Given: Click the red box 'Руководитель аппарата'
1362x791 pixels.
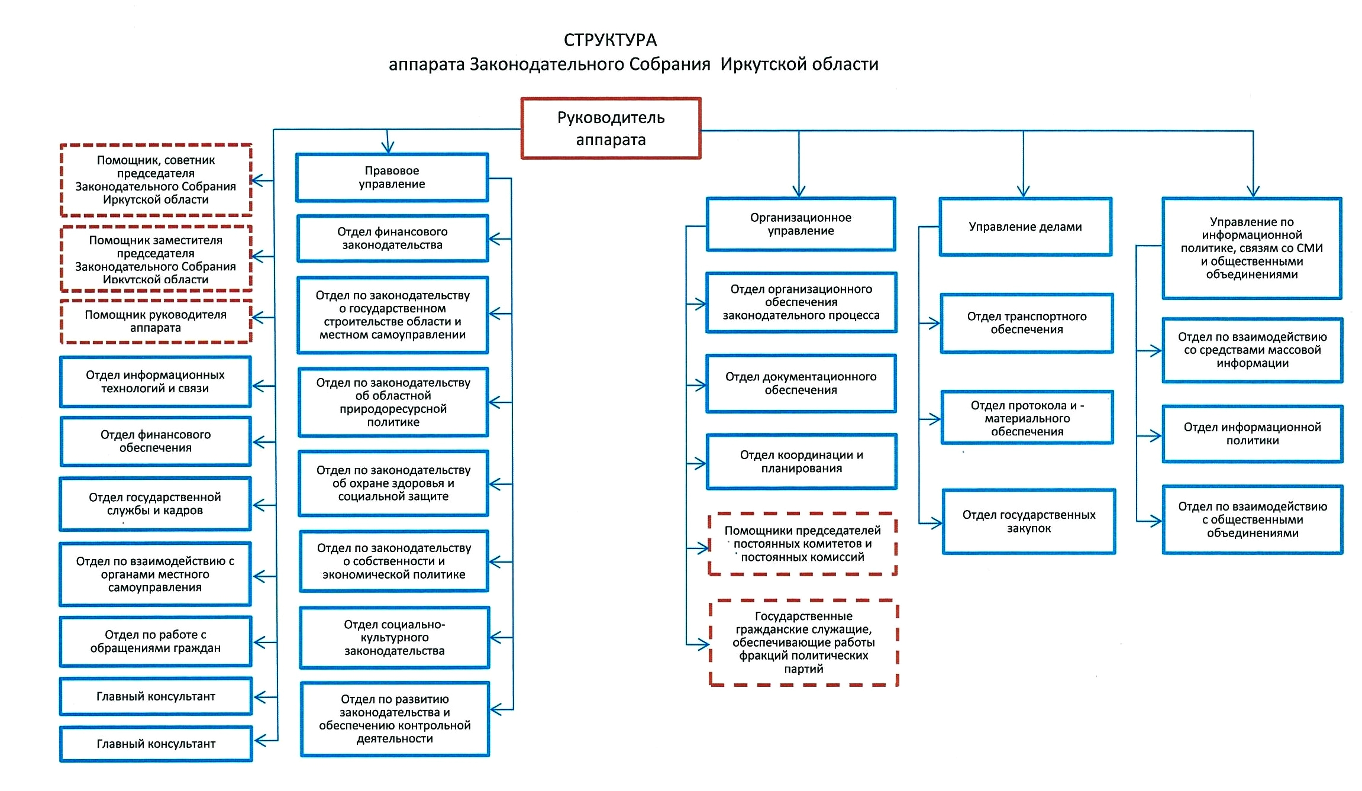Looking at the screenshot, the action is (x=611, y=128).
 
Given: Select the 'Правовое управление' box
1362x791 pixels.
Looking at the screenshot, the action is (x=392, y=177).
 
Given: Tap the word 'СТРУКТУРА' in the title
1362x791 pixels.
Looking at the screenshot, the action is (x=610, y=40).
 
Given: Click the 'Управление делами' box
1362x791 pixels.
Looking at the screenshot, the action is (x=1025, y=227).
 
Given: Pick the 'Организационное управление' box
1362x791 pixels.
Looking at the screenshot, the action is (x=801, y=224).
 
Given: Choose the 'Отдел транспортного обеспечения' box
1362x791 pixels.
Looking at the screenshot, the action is (x=1027, y=323).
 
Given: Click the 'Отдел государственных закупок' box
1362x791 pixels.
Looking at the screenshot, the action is (x=1029, y=521).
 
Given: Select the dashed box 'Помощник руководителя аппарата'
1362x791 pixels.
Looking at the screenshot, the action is (x=156, y=321).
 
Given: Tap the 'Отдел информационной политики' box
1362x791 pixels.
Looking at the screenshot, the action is (x=1252, y=434).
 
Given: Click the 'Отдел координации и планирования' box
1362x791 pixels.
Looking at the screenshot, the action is (x=801, y=461).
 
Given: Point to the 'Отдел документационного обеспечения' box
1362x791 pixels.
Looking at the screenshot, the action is (x=801, y=383).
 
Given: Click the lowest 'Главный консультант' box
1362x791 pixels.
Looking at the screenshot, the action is (x=156, y=744).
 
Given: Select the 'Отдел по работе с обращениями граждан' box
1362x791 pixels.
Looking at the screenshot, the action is (x=155, y=641).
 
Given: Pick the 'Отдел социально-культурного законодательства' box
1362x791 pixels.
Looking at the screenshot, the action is (x=395, y=638).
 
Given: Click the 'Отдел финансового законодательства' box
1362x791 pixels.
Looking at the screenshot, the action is (x=392, y=238).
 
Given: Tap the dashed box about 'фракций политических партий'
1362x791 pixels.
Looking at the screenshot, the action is (x=803, y=643).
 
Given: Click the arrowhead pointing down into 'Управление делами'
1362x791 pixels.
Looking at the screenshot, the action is (x=1024, y=191).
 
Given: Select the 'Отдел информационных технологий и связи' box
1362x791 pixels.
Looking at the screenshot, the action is (x=155, y=382).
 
